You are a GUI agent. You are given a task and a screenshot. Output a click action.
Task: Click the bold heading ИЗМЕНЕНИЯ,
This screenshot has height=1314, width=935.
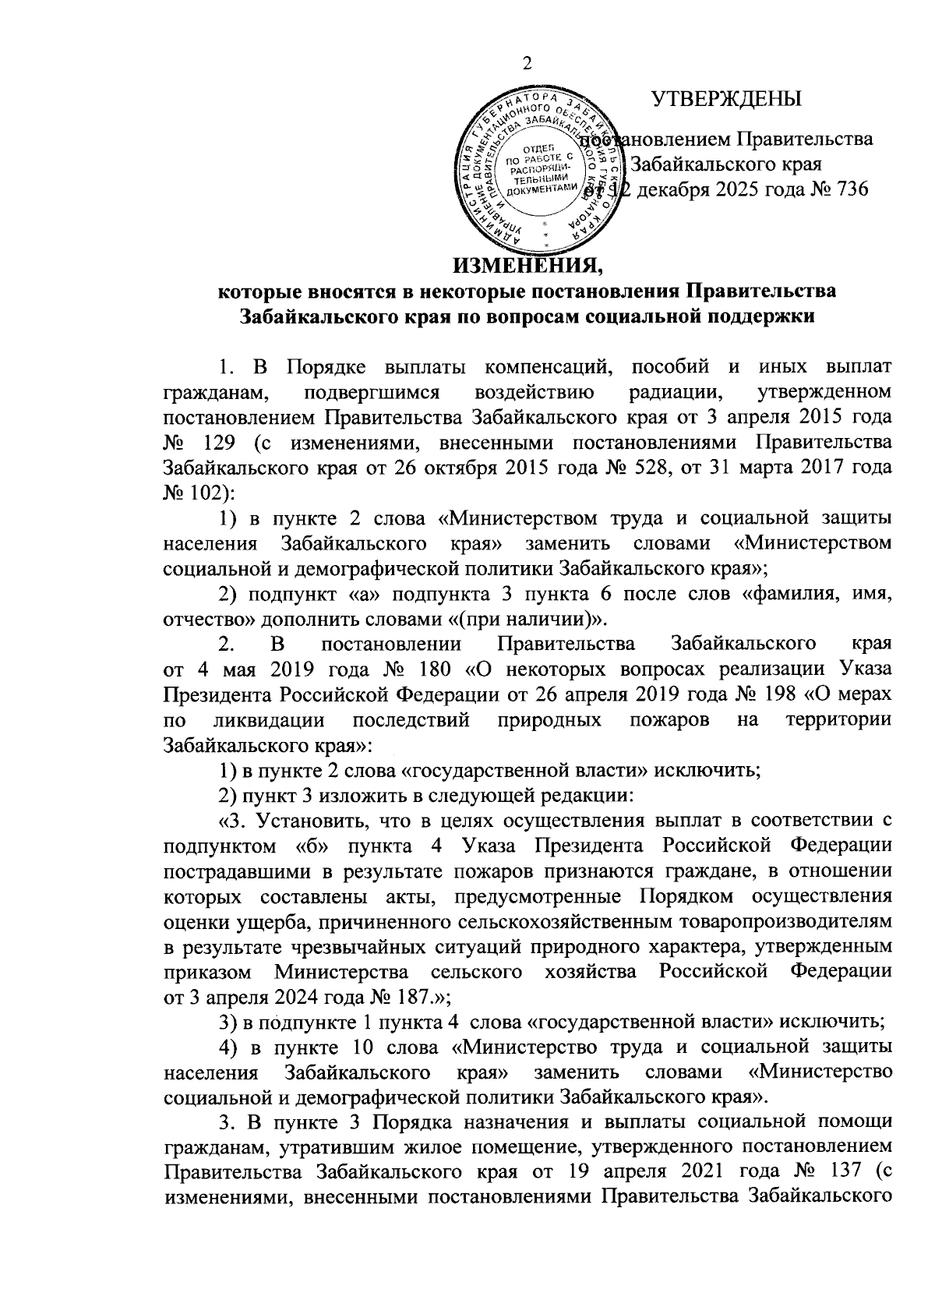coord(529,269)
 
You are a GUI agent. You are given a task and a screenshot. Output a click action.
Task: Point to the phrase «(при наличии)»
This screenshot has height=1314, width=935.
coord(551,620)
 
